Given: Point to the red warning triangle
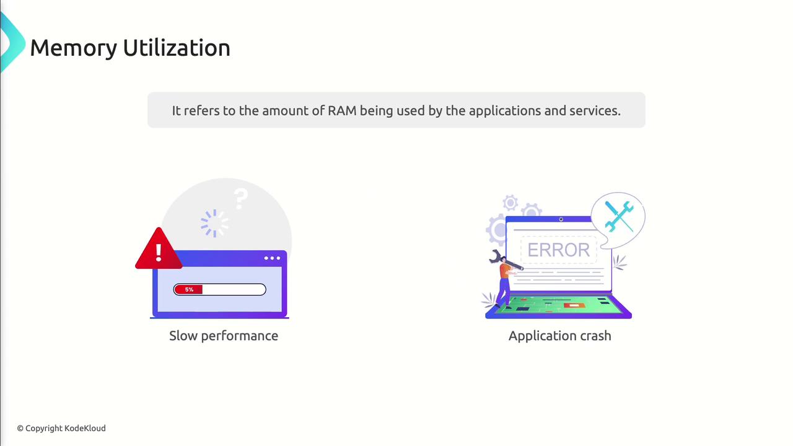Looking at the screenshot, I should (x=159, y=250).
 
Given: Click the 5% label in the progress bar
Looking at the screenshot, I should (x=189, y=289).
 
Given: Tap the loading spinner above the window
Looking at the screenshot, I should (x=214, y=223).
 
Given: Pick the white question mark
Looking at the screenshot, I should (x=241, y=199).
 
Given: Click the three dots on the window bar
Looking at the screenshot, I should (x=272, y=258).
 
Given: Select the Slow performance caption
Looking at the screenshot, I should (x=224, y=336).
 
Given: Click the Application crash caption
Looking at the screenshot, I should (x=559, y=336).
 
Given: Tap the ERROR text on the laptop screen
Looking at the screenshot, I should (x=558, y=250).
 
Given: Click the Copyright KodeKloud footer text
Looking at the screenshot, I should (x=61, y=428).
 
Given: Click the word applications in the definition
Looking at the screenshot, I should (x=504, y=110).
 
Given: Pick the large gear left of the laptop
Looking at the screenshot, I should (x=497, y=230).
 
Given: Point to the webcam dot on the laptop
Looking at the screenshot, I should (x=561, y=219).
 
